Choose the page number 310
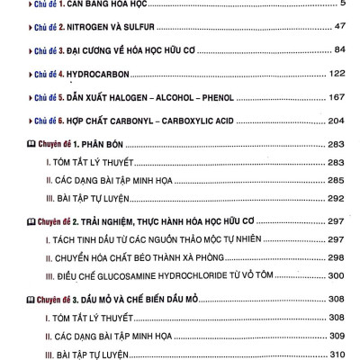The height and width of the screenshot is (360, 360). [x=337, y=354]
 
